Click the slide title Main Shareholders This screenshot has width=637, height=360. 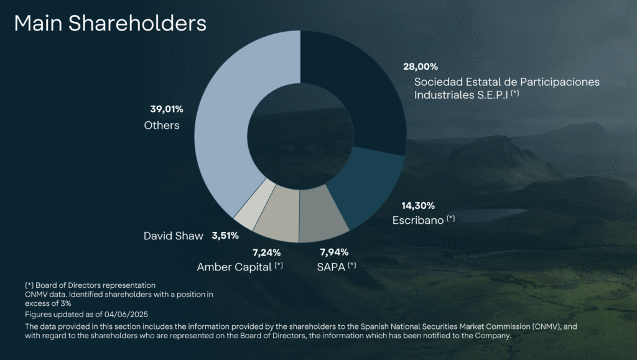[x=110, y=23]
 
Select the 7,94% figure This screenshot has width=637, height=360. [x=334, y=252]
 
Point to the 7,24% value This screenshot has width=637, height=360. [x=266, y=252]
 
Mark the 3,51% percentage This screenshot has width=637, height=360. [x=225, y=236]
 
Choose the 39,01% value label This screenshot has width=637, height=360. [x=167, y=109]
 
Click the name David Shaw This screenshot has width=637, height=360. [x=174, y=236]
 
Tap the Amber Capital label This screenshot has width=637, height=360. [x=235, y=267]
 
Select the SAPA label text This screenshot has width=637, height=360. [x=330, y=267]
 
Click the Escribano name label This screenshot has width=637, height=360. [x=417, y=221]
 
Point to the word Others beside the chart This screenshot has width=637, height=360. [x=162, y=126]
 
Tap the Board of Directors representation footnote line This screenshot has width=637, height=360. [x=90, y=285]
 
